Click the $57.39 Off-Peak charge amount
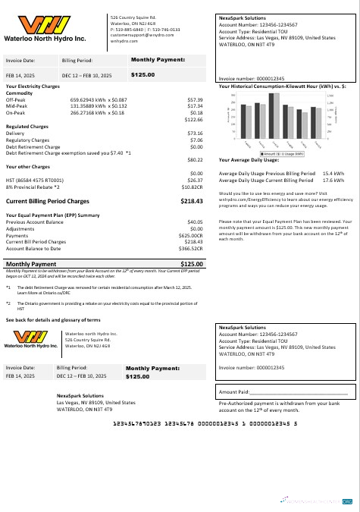(194, 99)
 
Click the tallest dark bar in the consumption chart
(274, 115)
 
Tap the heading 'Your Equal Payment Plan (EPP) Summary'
(53, 215)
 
